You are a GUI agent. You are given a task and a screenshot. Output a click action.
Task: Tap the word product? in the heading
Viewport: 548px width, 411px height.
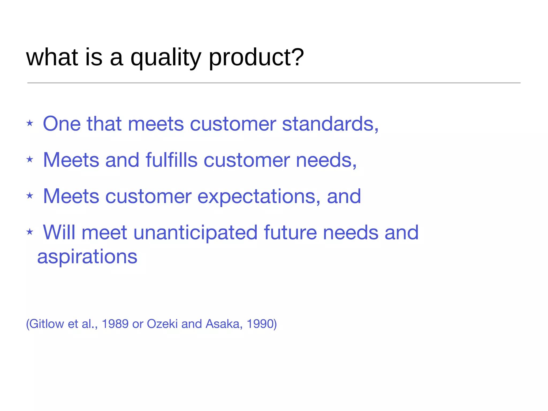[256, 58]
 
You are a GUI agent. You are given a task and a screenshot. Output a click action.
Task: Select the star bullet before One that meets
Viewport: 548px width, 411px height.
[30, 123]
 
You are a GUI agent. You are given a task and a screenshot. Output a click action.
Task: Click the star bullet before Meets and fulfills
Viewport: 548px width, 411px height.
[30, 159]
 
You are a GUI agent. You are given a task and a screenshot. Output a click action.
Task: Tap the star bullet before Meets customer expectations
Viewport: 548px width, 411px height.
[30, 196]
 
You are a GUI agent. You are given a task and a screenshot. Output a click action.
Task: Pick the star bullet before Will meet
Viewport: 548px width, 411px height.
[30, 232]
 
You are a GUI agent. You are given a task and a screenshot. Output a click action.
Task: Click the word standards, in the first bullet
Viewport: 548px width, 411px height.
[330, 124]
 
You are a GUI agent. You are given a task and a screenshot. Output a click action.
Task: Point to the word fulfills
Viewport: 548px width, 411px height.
[171, 160]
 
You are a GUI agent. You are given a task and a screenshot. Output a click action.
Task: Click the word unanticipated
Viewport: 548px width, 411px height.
[195, 232]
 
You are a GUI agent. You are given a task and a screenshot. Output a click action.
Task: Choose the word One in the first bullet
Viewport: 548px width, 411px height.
[62, 124]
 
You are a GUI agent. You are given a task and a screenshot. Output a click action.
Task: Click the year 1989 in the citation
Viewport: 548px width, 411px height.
[115, 324]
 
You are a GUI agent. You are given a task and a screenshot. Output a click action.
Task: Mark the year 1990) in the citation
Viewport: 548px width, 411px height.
[262, 324]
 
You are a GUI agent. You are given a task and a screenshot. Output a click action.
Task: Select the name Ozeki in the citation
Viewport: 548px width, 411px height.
[162, 324]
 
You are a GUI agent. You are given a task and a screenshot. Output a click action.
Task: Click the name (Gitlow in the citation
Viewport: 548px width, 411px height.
[45, 324]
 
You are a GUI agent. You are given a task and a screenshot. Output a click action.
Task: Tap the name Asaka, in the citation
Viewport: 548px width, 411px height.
[224, 324]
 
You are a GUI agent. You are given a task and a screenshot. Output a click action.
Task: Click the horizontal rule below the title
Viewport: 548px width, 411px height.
[274, 83]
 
